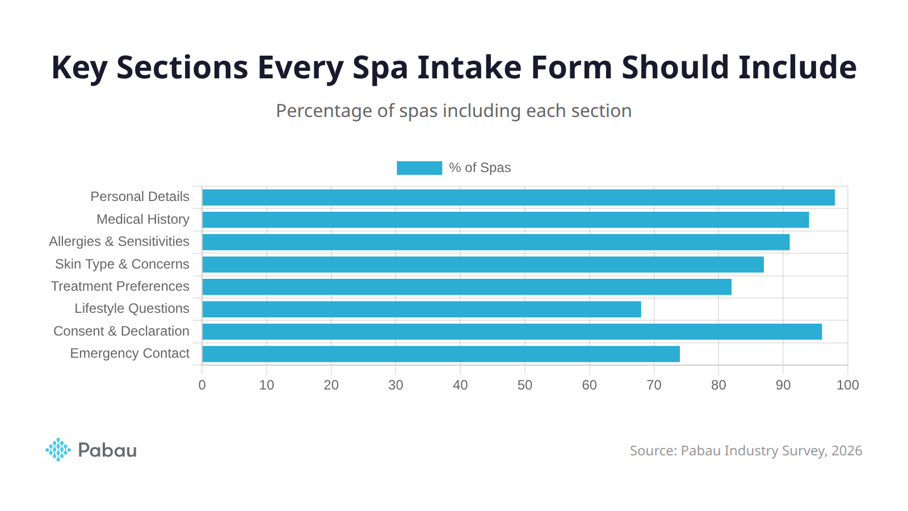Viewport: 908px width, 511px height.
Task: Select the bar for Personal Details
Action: pyautogui.click(x=518, y=198)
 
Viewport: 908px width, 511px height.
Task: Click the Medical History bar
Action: pyautogui.click(x=505, y=220)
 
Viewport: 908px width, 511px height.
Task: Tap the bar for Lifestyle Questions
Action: pyautogui.click(x=421, y=309)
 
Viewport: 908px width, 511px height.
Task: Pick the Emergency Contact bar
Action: pyautogui.click(x=440, y=354)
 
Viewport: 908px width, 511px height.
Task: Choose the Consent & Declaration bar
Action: pyautogui.click(x=511, y=332)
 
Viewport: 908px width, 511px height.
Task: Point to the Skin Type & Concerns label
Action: pyautogui.click(x=122, y=264)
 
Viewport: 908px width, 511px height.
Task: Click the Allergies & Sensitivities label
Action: pyautogui.click(x=119, y=241)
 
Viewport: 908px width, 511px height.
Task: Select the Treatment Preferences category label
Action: pyautogui.click(x=120, y=286)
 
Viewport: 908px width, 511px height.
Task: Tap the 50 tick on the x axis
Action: pyautogui.click(x=524, y=385)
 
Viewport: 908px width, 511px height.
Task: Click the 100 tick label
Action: pyautogui.click(x=847, y=385)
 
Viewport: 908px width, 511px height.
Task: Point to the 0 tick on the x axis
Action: pyautogui.click(x=202, y=385)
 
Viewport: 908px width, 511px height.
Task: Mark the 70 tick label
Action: pyautogui.click(x=654, y=385)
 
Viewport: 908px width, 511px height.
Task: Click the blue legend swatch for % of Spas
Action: pyautogui.click(x=419, y=168)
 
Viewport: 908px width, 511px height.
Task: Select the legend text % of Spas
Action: pyautogui.click(x=480, y=168)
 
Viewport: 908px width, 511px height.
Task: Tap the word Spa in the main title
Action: pyautogui.click(x=380, y=68)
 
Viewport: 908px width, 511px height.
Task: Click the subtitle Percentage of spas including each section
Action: pyautogui.click(x=453, y=111)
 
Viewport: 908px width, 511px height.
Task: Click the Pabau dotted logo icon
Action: pyautogui.click(x=58, y=450)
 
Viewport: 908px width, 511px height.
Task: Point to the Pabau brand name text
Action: pyautogui.click(x=107, y=450)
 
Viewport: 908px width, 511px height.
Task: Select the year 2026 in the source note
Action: pyautogui.click(x=847, y=451)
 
